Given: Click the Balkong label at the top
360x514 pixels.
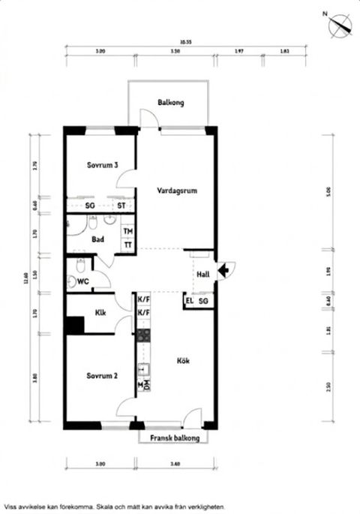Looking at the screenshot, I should coord(171,103).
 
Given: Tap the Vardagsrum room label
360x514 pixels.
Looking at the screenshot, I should coord(177,191).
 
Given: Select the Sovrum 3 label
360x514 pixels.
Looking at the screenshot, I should coord(101,165).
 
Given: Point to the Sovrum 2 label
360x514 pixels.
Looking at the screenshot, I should coord(100,375).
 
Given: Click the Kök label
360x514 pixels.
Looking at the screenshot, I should coord(183,361).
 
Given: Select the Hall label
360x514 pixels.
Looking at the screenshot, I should coord(202,275).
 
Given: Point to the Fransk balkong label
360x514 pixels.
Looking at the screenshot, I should coord(175,437).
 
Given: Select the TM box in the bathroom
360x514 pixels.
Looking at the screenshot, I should coord(128,231).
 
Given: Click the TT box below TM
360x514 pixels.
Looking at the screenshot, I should coord(128,245).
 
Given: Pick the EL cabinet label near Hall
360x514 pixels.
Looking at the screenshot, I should coord(189,301).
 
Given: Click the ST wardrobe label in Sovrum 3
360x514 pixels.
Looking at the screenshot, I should coord(120,205).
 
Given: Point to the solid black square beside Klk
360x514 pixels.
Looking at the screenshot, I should coord(73,326).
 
